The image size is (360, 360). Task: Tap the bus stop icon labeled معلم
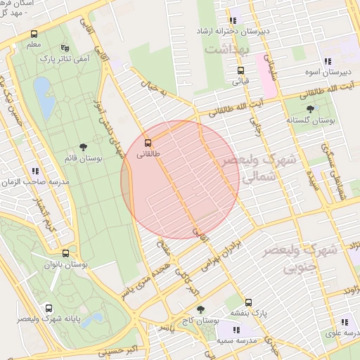pyautogui.click(x=34, y=34)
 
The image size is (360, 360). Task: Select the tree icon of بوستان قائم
pyautogui.click(x=84, y=147)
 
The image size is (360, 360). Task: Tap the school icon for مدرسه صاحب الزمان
pyautogui.click(x=34, y=171)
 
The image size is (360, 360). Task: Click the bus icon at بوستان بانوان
pyautogui.click(x=65, y=253)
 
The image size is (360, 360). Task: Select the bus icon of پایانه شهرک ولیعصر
pyautogui.click(x=49, y=307)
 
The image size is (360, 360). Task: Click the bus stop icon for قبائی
pyautogui.click(x=240, y=70)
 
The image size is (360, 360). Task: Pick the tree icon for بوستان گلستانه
pyautogui.click(x=310, y=108)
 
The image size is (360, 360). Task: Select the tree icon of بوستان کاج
pyautogui.click(x=200, y=309)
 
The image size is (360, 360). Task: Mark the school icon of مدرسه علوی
pyautogui.click(x=345, y=322)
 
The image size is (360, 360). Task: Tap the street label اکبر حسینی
pyautogui.click(x=105, y=346)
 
